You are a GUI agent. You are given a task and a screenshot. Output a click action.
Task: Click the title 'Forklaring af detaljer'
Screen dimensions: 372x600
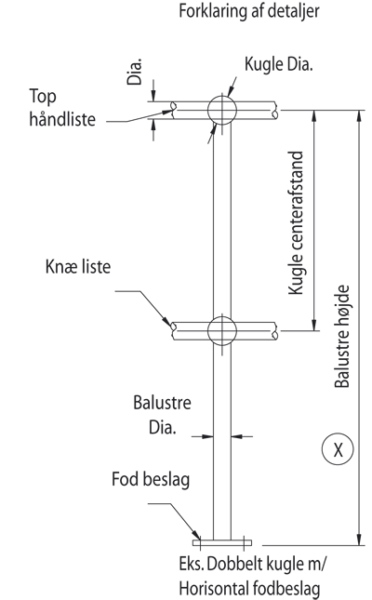[x=248, y=11]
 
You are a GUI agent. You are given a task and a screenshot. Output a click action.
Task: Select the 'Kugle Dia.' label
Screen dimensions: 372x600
[x=279, y=64]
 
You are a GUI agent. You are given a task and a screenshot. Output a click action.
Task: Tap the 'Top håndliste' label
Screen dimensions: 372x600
[x=62, y=108]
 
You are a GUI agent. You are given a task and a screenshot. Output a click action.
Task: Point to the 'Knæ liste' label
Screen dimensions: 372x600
[x=78, y=267]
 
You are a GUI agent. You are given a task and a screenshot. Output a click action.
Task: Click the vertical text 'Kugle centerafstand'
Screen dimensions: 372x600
[x=296, y=222]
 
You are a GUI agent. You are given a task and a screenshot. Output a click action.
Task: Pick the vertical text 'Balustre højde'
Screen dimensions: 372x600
[x=341, y=337]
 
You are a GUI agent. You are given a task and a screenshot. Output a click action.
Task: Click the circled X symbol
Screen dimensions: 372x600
[x=338, y=449]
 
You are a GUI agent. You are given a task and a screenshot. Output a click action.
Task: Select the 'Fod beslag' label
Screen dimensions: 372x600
[x=151, y=479]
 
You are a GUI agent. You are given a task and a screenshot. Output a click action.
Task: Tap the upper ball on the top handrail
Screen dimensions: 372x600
[x=222, y=110]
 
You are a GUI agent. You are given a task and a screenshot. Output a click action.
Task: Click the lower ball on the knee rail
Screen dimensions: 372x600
[x=222, y=330]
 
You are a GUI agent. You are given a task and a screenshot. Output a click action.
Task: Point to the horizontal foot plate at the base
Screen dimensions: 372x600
[x=222, y=542]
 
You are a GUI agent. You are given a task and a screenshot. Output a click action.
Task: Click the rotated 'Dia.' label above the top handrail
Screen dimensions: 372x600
[x=134, y=72]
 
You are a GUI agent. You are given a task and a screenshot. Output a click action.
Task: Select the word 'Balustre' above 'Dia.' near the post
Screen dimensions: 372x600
[x=162, y=403]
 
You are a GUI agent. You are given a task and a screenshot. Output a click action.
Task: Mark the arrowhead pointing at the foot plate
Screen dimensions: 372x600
[x=197, y=535]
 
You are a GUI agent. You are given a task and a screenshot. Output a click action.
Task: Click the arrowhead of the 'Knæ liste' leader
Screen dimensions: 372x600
[x=166, y=321]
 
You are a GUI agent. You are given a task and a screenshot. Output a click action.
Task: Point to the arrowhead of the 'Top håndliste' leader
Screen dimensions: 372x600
[x=168, y=113]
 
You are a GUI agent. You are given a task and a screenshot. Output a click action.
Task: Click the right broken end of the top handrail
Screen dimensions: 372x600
[x=275, y=110]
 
